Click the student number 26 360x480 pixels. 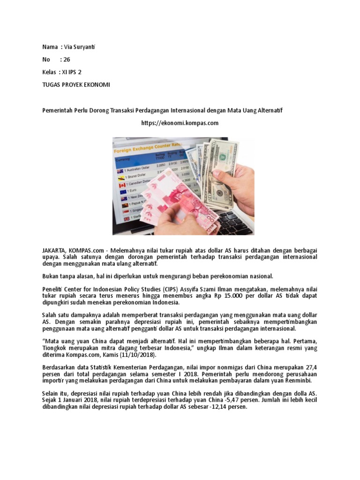(x=67, y=60)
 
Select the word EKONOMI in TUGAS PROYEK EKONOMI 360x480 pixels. (x=96, y=85)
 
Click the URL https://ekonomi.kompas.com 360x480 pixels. (x=180, y=123)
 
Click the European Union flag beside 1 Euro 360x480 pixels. (x=123, y=191)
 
